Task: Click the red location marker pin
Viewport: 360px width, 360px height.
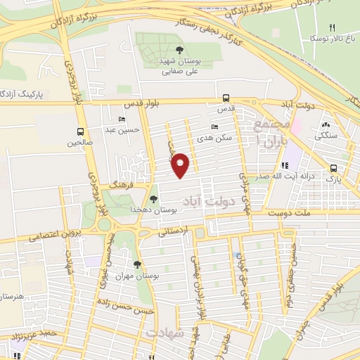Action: pyautogui.click(x=180, y=165)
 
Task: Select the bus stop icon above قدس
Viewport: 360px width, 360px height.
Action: pyautogui.click(x=226, y=98)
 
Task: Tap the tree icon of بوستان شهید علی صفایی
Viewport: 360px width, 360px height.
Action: pyautogui.click(x=181, y=49)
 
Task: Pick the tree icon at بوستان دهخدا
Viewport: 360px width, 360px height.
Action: pyautogui.click(x=154, y=199)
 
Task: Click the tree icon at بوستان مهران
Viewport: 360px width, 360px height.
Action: pyautogui.click(x=137, y=265)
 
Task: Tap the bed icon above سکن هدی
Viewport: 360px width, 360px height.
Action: pyautogui.click(x=215, y=127)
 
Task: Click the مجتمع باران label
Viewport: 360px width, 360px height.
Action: pyautogui.click(x=271, y=133)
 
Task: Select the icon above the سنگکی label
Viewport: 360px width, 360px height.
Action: pyautogui.click(x=326, y=124)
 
